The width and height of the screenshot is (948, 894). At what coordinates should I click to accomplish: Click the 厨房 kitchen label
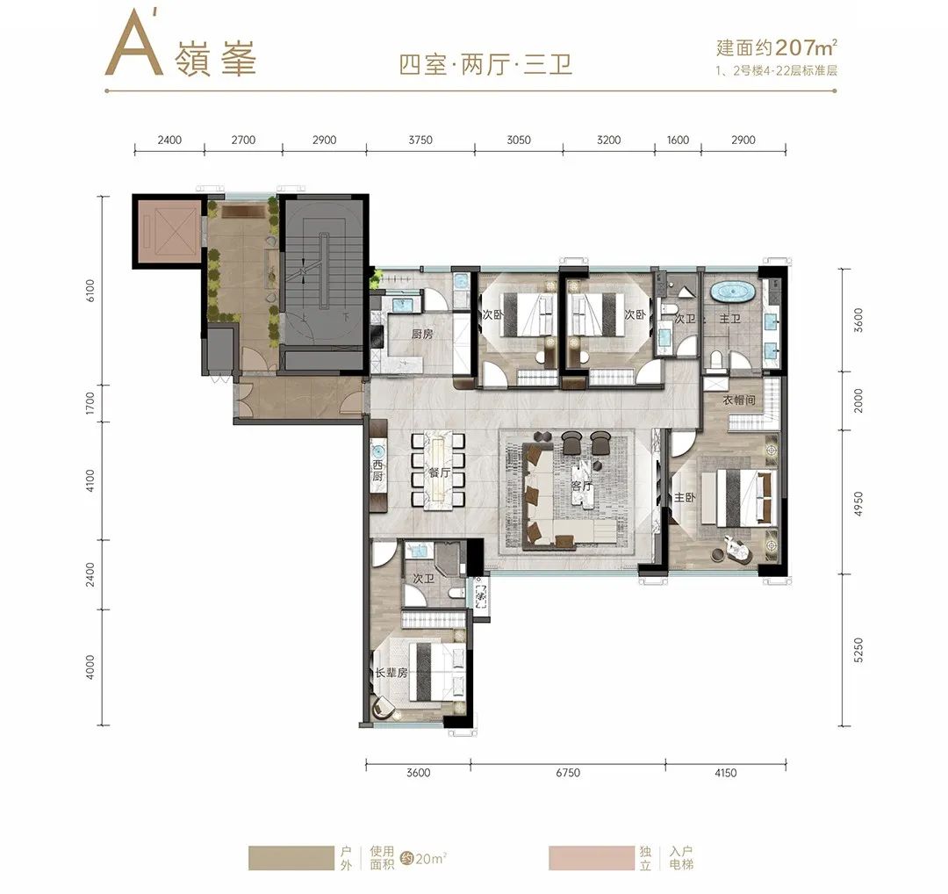click(x=422, y=335)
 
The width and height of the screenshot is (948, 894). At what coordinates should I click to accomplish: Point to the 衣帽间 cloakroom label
click(x=739, y=400)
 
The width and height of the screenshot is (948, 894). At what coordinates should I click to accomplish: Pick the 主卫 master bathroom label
click(x=730, y=319)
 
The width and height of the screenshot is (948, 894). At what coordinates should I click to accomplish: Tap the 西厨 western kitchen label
click(x=378, y=471)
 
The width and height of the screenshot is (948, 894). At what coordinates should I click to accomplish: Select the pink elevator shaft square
click(x=167, y=231)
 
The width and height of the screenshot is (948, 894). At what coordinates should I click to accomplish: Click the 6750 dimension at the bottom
click(x=568, y=774)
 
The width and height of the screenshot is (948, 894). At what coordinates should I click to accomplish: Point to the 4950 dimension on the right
click(x=858, y=502)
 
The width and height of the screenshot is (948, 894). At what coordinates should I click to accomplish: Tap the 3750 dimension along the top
click(x=420, y=141)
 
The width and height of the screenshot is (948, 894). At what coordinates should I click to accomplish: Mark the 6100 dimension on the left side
click(x=91, y=290)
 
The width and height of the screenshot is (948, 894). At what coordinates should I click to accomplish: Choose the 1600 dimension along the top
click(x=678, y=141)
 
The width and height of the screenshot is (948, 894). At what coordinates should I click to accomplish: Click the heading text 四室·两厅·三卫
click(x=485, y=65)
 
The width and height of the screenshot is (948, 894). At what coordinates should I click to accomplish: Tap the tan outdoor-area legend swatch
click(x=291, y=858)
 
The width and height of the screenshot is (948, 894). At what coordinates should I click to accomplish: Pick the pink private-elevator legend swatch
click(x=591, y=858)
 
